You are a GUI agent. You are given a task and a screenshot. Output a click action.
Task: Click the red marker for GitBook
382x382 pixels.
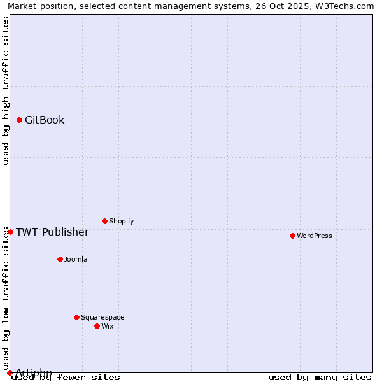point(20,120)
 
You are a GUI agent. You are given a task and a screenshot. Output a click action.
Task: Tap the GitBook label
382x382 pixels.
point(45,120)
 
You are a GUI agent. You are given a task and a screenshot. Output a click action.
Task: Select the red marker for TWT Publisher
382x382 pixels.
point(10,232)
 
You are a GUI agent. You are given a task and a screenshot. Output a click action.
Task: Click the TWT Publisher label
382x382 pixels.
point(52,232)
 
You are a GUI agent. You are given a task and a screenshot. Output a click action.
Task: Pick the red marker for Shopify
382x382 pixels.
point(104,221)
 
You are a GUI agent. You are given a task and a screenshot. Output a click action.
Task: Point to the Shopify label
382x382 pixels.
point(122,222)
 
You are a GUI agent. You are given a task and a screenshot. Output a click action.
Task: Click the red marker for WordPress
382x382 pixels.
point(292,236)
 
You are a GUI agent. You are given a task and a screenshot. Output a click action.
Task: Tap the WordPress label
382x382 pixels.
point(315,236)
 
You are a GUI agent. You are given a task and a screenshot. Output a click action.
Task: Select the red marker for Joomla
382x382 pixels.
point(60,259)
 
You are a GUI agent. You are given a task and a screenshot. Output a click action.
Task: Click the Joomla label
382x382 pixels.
point(76,260)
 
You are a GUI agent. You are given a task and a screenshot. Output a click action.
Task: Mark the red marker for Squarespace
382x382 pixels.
point(76,317)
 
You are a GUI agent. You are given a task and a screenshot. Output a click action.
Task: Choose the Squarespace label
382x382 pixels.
point(103,318)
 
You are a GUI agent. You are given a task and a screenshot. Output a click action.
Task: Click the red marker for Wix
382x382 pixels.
point(97,326)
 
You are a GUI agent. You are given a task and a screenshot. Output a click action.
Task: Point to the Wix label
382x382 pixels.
point(108,327)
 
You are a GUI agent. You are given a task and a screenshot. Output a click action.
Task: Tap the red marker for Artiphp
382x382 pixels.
point(10,372)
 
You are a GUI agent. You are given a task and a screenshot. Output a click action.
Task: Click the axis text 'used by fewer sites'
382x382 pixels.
point(66,378)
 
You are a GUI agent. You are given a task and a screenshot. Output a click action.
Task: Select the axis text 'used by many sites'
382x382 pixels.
point(320,378)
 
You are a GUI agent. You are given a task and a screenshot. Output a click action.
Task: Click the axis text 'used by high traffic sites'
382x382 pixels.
point(6,90)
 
